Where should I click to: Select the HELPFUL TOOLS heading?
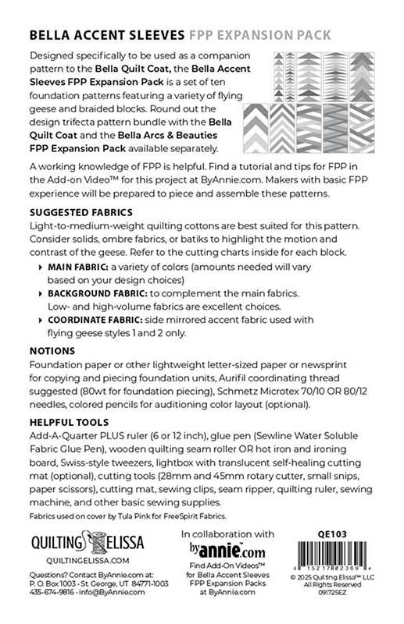[66, 421]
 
